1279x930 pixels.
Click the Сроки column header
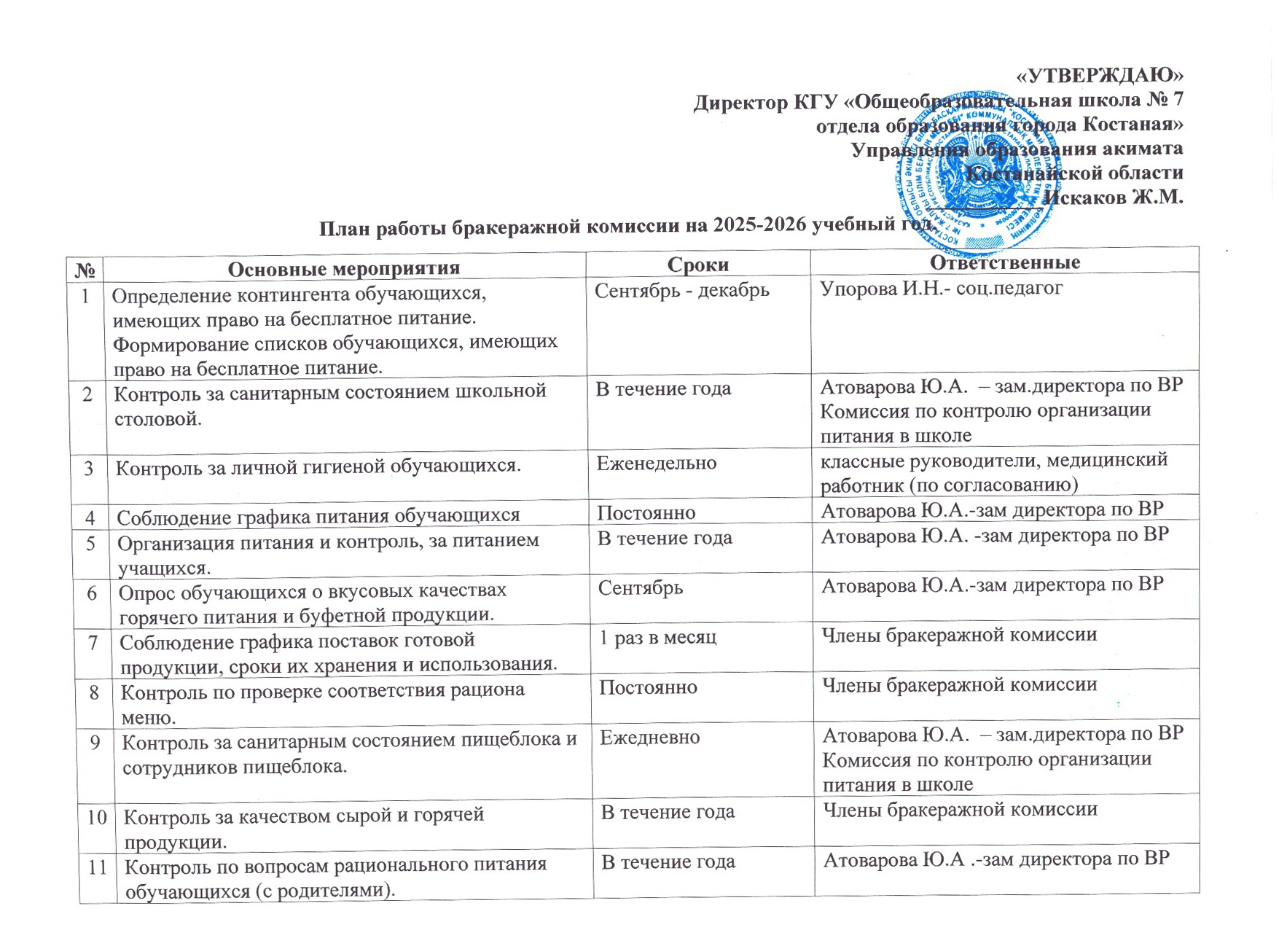tap(697, 265)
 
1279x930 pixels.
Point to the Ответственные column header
tap(1004, 262)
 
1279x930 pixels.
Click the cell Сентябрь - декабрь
tap(681, 291)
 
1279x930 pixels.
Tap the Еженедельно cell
tap(656, 463)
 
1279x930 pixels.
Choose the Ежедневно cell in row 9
tap(649, 738)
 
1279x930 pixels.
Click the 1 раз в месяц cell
tap(657, 638)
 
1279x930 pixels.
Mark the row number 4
tap(90, 517)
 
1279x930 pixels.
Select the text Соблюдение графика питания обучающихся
tap(318, 517)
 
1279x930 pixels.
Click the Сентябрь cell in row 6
tap(641, 587)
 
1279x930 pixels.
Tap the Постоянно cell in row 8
tap(648, 687)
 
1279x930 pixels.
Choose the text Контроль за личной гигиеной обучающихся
tap(318, 466)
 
